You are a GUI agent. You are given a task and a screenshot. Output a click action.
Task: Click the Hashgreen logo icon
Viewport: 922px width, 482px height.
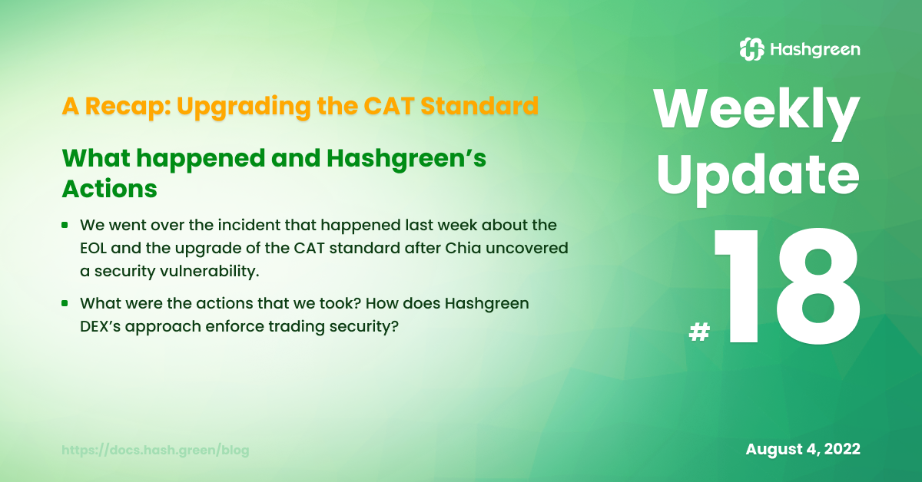(752, 49)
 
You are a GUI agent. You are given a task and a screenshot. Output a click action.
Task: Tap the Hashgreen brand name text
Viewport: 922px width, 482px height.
(815, 50)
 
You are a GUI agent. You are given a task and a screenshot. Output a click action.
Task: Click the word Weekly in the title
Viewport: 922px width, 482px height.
(757, 112)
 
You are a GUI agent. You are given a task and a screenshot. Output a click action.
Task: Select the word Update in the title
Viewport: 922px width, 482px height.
(758, 179)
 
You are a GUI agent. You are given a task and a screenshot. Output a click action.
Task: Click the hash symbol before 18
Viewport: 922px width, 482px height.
(699, 332)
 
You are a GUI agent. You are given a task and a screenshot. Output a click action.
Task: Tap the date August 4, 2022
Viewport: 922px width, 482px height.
(803, 449)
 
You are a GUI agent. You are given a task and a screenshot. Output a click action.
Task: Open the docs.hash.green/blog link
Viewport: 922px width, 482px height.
(155, 450)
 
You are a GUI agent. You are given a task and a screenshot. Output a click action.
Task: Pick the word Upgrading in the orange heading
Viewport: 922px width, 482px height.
(244, 107)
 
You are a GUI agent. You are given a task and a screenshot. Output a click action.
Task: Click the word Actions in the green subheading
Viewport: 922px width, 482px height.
(109, 189)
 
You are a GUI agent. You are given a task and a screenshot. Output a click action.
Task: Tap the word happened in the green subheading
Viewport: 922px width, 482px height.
(201, 159)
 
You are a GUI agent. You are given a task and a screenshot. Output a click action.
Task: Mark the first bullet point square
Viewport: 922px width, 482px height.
(65, 225)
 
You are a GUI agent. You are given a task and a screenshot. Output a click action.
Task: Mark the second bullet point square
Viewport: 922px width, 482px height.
(65, 303)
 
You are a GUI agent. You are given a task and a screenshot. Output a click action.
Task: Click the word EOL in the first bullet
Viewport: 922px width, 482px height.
(93, 249)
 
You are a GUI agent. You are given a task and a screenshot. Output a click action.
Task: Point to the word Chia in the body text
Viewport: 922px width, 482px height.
(463, 248)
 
